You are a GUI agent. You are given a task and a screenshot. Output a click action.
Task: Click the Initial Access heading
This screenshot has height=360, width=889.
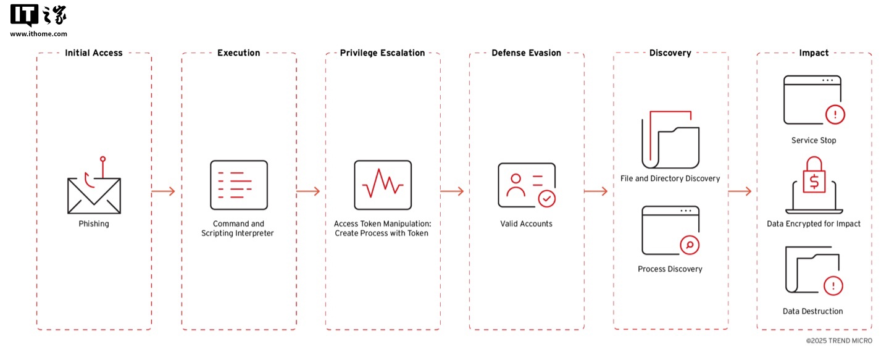click(x=94, y=52)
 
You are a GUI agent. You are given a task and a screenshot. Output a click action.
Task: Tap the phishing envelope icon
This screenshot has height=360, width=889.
click(x=94, y=196)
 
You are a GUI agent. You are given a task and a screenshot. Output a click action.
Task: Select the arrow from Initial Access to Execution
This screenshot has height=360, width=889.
click(x=163, y=191)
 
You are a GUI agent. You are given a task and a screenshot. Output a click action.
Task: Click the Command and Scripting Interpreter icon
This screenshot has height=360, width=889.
click(x=239, y=185)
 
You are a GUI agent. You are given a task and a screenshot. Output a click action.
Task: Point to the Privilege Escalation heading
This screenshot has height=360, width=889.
click(x=383, y=52)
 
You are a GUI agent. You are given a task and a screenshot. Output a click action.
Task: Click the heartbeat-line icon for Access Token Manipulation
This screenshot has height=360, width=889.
click(x=383, y=185)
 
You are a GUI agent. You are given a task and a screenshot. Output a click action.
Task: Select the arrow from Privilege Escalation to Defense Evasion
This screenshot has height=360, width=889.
click(x=452, y=191)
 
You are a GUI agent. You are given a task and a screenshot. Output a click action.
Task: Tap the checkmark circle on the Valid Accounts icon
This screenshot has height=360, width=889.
click(x=547, y=199)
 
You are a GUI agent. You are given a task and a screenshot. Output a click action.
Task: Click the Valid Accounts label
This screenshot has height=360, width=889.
click(x=526, y=224)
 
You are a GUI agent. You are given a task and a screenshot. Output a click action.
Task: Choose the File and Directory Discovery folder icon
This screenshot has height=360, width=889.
click(x=670, y=140)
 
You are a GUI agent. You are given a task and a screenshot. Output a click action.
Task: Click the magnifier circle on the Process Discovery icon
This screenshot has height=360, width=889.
click(x=690, y=245)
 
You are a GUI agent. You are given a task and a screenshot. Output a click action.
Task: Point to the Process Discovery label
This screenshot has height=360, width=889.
click(x=670, y=269)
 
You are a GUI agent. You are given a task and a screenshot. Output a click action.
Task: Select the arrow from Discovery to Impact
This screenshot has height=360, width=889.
click(x=740, y=191)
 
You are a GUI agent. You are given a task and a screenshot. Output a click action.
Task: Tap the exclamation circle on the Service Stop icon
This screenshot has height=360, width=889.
click(x=835, y=115)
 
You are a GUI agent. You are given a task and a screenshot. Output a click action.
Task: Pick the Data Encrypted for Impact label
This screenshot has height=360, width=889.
click(x=814, y=224)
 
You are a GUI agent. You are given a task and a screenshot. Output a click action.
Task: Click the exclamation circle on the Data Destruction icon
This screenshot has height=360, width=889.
click(x=833, y=286)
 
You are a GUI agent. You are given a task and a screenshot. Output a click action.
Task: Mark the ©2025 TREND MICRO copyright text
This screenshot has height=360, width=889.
click(x=839, y=341)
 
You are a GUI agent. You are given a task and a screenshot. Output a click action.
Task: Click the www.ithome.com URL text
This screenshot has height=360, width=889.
click(x=38, y=34)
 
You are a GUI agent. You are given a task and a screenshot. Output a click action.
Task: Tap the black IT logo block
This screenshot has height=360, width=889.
click(x=25, y=15)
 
